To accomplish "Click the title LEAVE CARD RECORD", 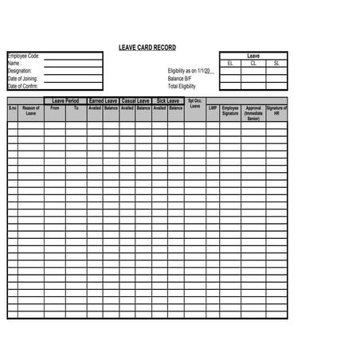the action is pyautogui.click(x=147, y=48).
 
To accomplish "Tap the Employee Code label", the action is pyautogui.click(x=23, y=57).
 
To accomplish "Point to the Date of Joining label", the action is pyautogui.click(x=22, y=78).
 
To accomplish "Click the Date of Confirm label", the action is pyautogui.click(x=23, y=86).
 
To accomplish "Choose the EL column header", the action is pyautogui.click(x=230, y=63).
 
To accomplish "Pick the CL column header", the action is pyautogui.click(x=253, y=63).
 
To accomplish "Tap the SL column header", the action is pyautogui.click(x=276, y=63).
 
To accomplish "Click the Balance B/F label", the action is pyautogui.click(x=180, y=79).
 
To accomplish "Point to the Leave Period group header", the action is pyautogui.click(x=65, y=101).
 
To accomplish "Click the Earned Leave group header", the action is pyautogui.click(x=103, y=101).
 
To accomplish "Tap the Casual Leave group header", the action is pyautogui.click(x=135, y=101).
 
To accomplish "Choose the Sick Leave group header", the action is pyautogui.click(x=167, y=101).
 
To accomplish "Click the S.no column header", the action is pyautogui.click(x=13, y=108).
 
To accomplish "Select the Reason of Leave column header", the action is pyautogui.click(x=31, y=111).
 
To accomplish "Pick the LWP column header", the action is pyautogui.click(x=213, y=108).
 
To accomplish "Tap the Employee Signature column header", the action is pyautogui.click(x=230, y=111).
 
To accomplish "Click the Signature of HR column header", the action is pyautogui.click(x=276, y=111).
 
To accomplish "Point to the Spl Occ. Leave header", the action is pyautogui.click(x=195, y=104).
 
